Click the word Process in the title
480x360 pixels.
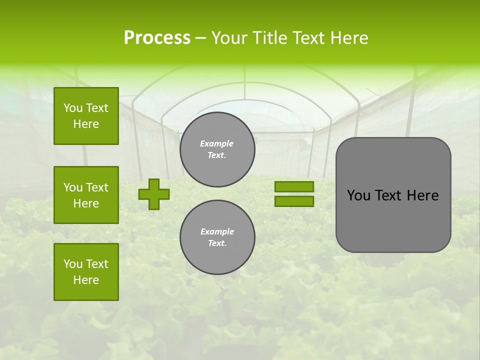click(x=157, y=37)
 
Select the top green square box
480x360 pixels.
click(x=86, y=116)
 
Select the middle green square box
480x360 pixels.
click(x=86, y=195)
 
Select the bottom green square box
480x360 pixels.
click(x=86, y=272)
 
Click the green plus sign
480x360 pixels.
click(x=154, y=194)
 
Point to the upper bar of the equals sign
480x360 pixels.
click(x=294, y=187)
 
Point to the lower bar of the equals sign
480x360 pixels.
click(x=294, y=201)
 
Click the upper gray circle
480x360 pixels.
click(x=217, y=149)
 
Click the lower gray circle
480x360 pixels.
click(x=217, y=237)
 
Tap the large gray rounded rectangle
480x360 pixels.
click(x=393, y=220)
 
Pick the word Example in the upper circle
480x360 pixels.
click(x=217, y=143)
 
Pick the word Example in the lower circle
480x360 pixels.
click(x=217, y=231)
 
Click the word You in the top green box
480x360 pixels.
click(x=73, y=108)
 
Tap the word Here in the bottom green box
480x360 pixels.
click(x=86, y=280)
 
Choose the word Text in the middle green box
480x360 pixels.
click(x=97, y=187)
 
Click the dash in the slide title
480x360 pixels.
click(x=200, y=37)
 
